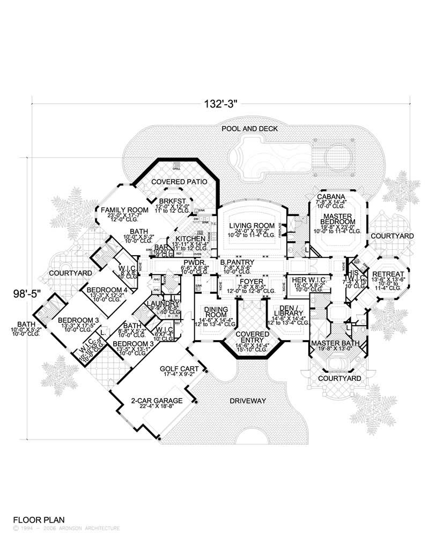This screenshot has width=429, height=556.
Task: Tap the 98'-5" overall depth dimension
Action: (x=27, y=293)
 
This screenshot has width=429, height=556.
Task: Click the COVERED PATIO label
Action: (x=179, y=182)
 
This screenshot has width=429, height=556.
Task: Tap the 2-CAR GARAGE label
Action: (x=157, y=401)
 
